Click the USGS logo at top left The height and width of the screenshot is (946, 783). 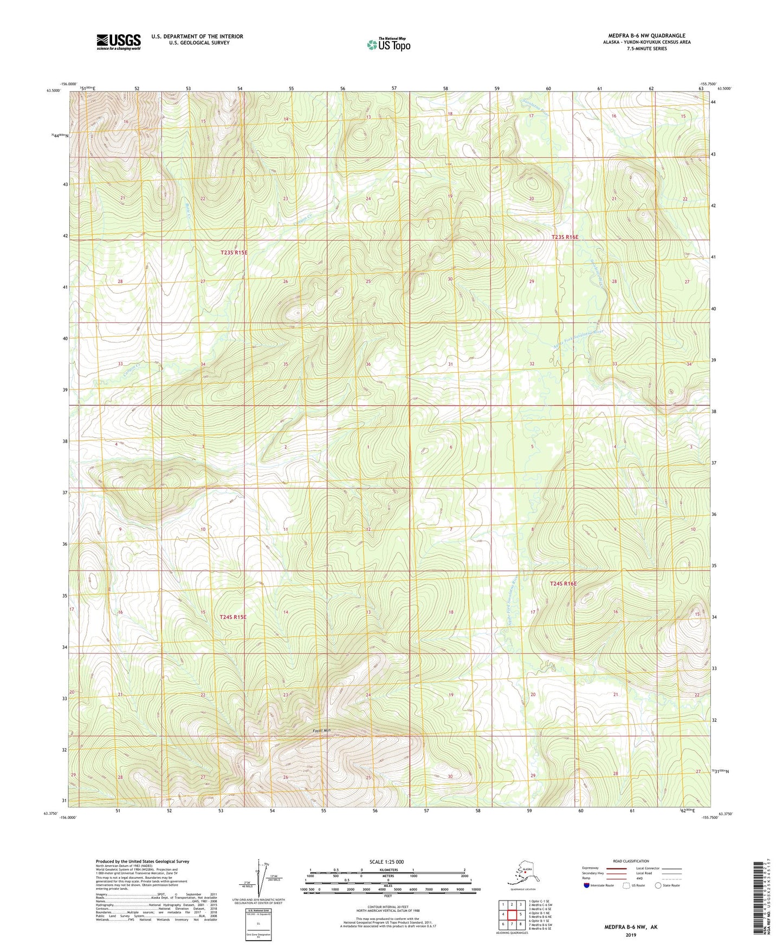(118, 42)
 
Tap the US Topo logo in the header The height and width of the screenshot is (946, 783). (388, 44)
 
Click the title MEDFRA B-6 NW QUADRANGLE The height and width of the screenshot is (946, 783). (646, 36)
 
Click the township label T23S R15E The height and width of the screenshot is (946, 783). (234, 252)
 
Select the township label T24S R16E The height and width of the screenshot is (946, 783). (563, 584)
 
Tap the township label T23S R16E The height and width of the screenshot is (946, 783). (565, 237)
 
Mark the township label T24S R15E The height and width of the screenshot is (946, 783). (233, 617)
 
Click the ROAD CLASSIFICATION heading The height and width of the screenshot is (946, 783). (631, 861)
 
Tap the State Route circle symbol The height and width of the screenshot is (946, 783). (658, 885)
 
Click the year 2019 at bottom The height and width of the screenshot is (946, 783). (631, 935)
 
